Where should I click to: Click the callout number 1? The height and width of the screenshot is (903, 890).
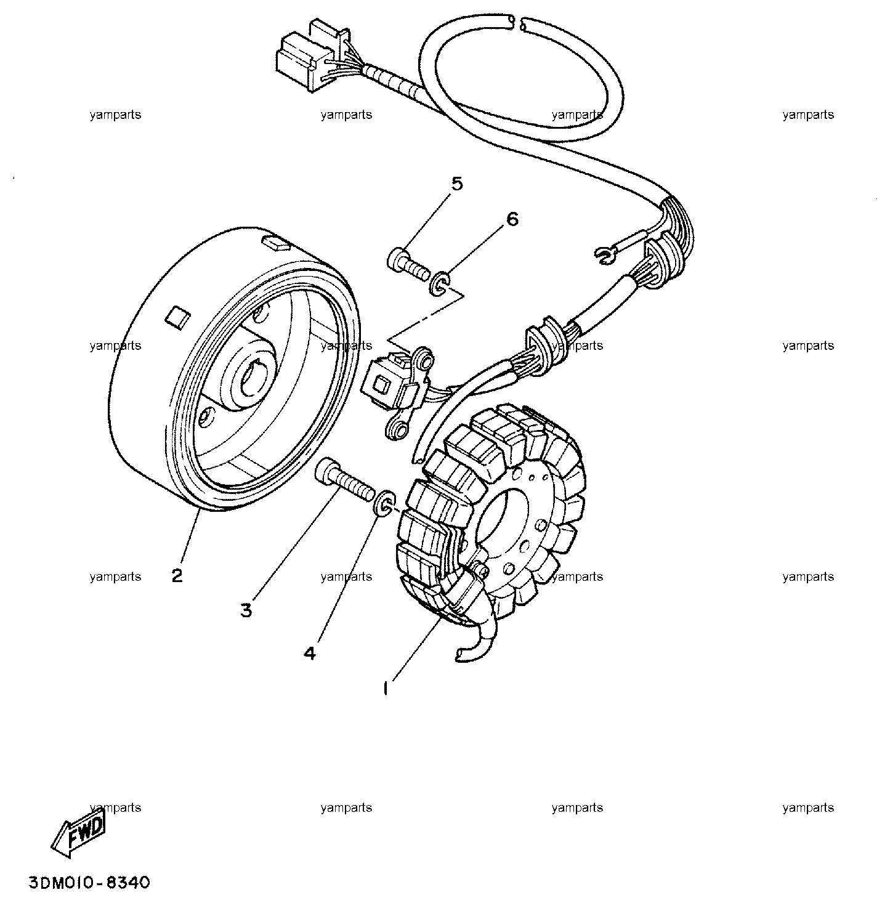(386, 689)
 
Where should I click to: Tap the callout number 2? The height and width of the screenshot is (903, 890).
(177, 575)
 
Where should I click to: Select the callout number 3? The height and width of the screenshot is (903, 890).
(246, 610)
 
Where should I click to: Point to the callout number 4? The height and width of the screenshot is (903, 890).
(310, 654)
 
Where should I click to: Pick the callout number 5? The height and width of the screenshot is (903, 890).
(457, 184)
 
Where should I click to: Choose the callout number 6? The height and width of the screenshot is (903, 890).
(512, 219)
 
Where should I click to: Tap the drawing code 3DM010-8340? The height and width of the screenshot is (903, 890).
(89, 883)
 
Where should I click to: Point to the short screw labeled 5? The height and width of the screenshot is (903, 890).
(408, 264)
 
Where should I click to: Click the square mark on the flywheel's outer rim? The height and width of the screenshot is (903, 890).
(177, 318)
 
